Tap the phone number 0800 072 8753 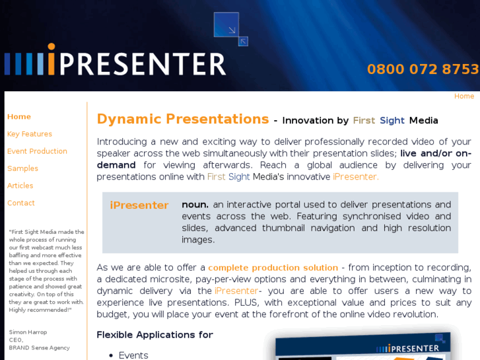coord(423,69)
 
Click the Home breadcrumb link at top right coord(463,96)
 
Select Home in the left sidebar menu coord(19,117)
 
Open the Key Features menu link coord(30,134)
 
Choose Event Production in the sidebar coord(37,151)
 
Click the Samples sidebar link coord(22,168)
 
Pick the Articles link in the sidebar coord(20,186)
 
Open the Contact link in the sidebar coord(21,203)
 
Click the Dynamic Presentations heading coord(183,120)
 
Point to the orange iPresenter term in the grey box coord(139,205)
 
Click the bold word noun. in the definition coord(195,205)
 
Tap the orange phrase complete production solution coord(273,268)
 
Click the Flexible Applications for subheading coord(154,335)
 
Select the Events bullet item coord(133,355)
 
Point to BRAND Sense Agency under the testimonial coord(39,347)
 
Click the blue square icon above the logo coord(226,25)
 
